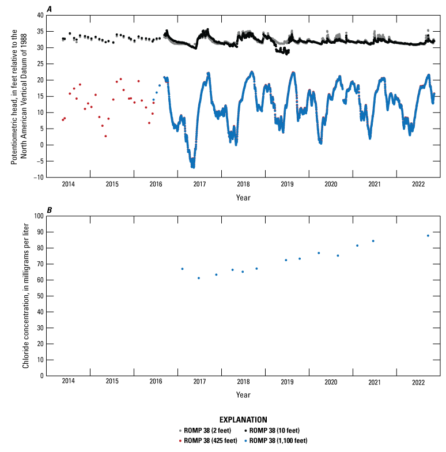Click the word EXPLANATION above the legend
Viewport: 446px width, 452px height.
[x=243, y=420]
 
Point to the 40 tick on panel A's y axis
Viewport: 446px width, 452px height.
[x=40, y=16]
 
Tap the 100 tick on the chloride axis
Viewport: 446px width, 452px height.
[x=38, y=216]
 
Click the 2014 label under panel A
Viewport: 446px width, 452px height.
[x=68, y=184]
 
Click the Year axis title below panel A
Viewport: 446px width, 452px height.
[x=243, y=197]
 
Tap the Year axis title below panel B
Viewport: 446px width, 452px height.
[x=243, y=395]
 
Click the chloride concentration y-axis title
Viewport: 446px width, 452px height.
[x=26, y=296]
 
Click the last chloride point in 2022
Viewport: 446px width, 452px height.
[x=428, y=236]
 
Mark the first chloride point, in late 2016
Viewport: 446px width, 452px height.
[x=182, y=269]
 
